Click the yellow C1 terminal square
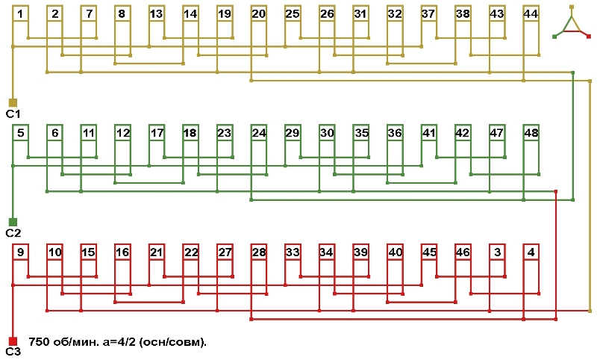[13, 102]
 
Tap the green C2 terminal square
[13, 222]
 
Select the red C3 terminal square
[13, 341]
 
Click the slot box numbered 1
[20, 13]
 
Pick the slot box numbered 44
[531, 13]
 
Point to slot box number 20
[259, 13]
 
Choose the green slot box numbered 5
[20, 133]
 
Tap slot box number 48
[531, 133]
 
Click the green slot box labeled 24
[259, 133]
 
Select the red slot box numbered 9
[20, 252]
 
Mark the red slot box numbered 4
[531, 252]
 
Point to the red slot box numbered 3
[497, 252]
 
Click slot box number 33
[293, 252]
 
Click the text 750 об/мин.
[63, 341]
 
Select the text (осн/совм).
[172, 341]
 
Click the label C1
[13, 114]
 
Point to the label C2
[13, 233]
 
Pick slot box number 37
[429, 13]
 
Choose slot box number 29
[293, 133]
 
